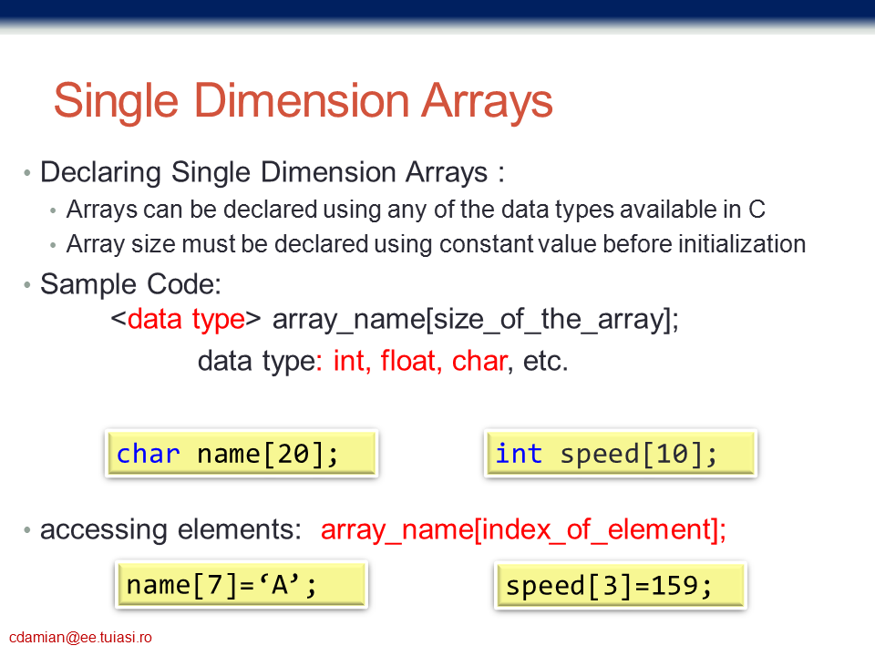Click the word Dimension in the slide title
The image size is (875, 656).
click(302, 100)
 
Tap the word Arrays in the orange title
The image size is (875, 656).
click(486, 101)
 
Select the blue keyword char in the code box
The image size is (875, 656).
click(148, 454)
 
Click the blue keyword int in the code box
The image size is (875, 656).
click(519, 454)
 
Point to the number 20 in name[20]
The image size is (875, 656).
click(293, 454)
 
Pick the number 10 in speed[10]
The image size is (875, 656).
click(672, 454)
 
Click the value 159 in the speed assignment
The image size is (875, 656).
click(674, 586)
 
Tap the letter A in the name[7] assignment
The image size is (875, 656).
click(280, 585)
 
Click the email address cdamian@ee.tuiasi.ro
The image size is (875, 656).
click(80, 637)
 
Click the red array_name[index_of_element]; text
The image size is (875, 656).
click(523, 529)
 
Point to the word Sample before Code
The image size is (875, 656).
click(88, 285)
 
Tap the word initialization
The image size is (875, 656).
click(742, 244)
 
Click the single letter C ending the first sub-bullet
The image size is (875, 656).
click(757, 210)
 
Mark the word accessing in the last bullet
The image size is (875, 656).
click(103, 529)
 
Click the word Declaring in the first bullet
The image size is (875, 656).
click(100, 172)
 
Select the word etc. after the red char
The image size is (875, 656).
click(545, 361)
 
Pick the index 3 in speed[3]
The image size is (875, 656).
click(610, 586)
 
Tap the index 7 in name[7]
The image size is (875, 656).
click(215, 586)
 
